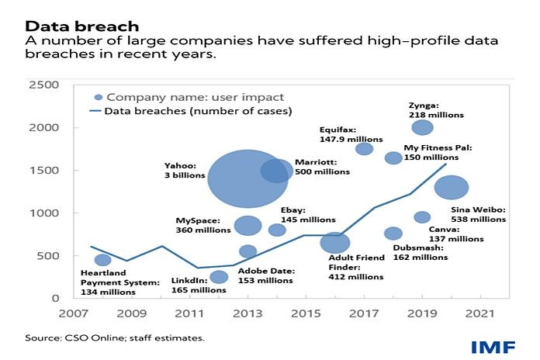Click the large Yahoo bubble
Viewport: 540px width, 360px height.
(x=247, y=179)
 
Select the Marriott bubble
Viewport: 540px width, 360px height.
(x=276, y=171)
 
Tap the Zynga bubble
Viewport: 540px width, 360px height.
(x=422, y=127)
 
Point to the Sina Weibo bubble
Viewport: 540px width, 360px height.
(x=452, y=187)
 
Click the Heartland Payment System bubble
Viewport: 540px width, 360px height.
(x=102, y=260)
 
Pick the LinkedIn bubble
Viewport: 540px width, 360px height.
(x=219, y=277)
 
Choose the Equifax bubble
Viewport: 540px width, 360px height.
(x=364, y=148)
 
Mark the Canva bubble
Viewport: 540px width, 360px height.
(x=422, y=217)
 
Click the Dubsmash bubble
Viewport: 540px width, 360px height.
(x=393, y=234)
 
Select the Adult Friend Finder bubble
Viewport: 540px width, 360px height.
(x=335, y=243)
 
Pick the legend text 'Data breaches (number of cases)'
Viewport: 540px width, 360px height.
(x=198, y=111)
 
